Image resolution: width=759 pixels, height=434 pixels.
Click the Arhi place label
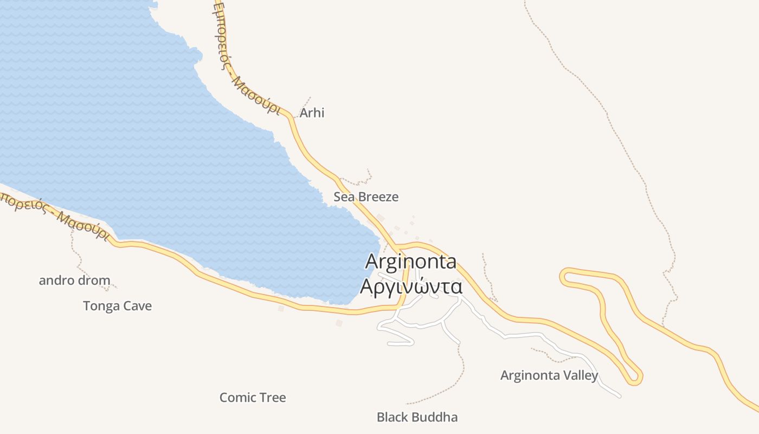(312, 113)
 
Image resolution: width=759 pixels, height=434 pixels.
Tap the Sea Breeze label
(366, 197)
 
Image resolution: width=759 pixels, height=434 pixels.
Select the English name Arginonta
(411, 261)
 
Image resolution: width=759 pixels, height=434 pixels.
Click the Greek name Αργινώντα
(411, 286)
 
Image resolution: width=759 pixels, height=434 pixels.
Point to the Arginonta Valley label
(549, 375)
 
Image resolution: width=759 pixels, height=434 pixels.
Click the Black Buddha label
(417, 417)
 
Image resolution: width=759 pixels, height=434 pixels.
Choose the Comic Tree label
(253, 398)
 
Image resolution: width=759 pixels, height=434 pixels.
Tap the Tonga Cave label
(117, 306)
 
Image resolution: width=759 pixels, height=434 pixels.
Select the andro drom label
(74, 280)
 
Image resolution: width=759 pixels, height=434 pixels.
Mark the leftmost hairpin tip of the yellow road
(564, 276)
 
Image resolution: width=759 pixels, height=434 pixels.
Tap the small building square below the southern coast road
(339, 323)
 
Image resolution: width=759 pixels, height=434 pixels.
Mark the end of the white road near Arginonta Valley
(619, 397)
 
